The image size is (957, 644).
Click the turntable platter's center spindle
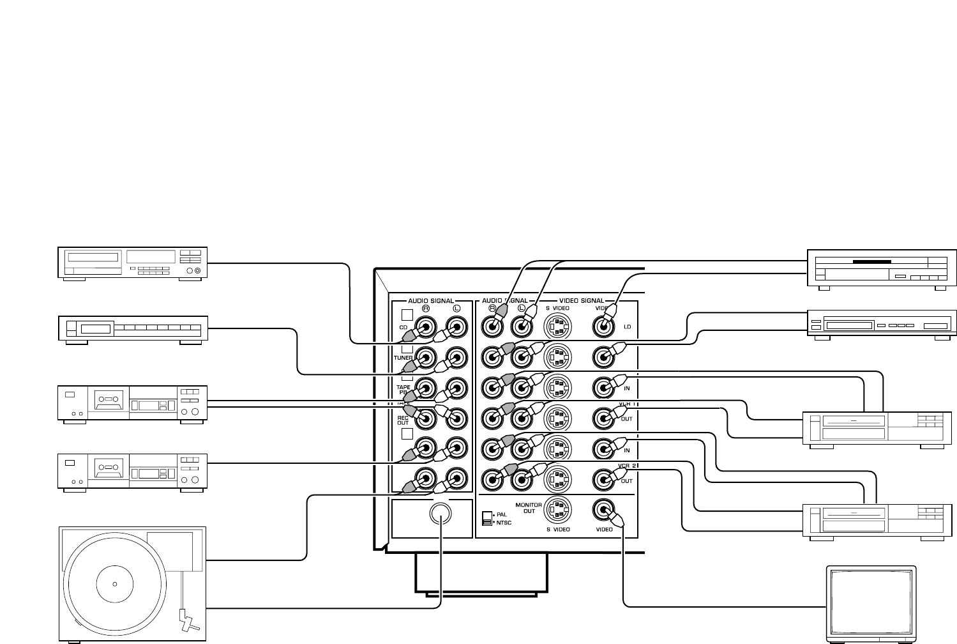[x=115, y=583]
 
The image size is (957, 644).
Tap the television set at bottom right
[x=871, y=602]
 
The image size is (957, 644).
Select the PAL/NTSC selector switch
[x=488, y=517]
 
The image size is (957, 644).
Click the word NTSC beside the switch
[x=504, y=523]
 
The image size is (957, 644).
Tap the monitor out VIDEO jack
[x=603, y=509]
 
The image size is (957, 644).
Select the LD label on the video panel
[x=627, y=327]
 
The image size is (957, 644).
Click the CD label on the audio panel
[x=403, y=327]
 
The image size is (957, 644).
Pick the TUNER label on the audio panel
[x=403, y=358]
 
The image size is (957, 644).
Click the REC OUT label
[x=403, y=420]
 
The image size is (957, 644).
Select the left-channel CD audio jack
[x=456, y=327]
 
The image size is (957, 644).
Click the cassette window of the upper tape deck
[x=107, y=401]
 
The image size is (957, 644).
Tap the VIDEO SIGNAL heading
[x=582, y=300]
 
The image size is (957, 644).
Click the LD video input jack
[x=603, y=327]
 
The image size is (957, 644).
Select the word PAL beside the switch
[x=502, y=514]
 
